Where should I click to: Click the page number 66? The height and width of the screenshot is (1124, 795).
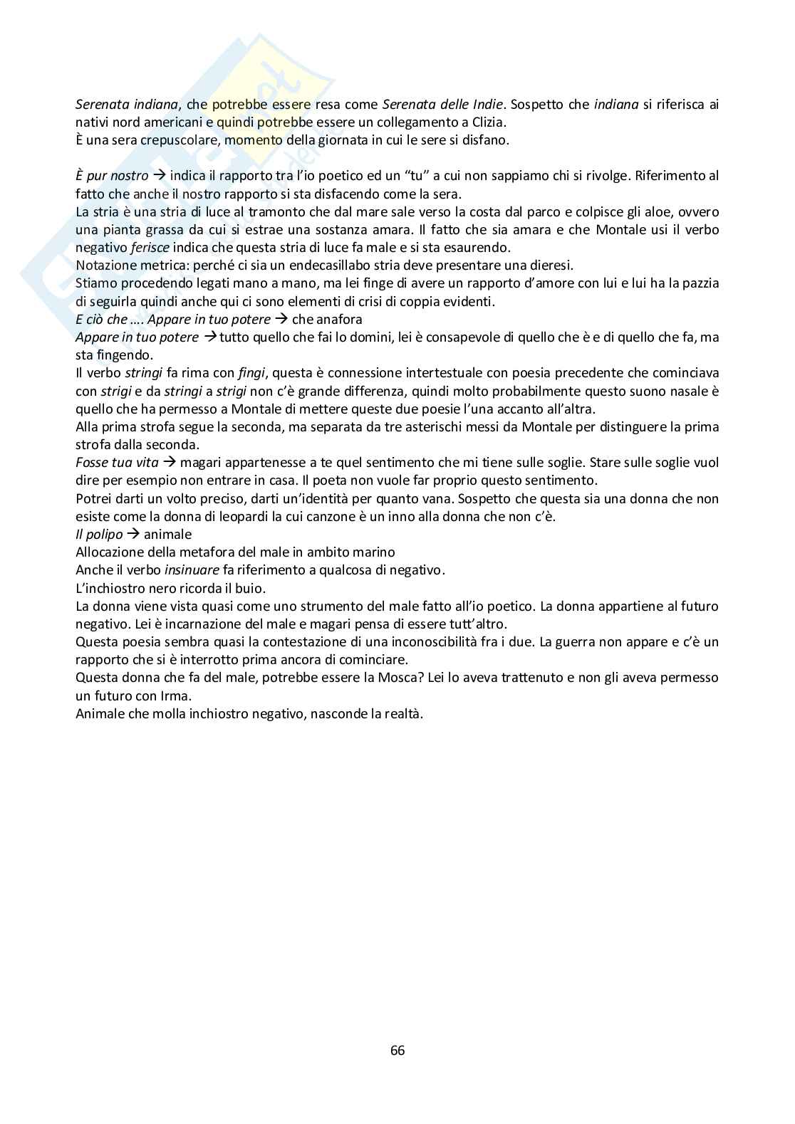[x=397, y=1051]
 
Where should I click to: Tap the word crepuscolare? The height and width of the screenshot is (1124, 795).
[x=180, y=140]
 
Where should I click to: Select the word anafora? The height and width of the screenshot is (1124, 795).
[x=340, y=320]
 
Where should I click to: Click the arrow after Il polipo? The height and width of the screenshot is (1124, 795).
[x=133, y=535]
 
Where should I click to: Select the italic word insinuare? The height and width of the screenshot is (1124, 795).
[x=192, y=570]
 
